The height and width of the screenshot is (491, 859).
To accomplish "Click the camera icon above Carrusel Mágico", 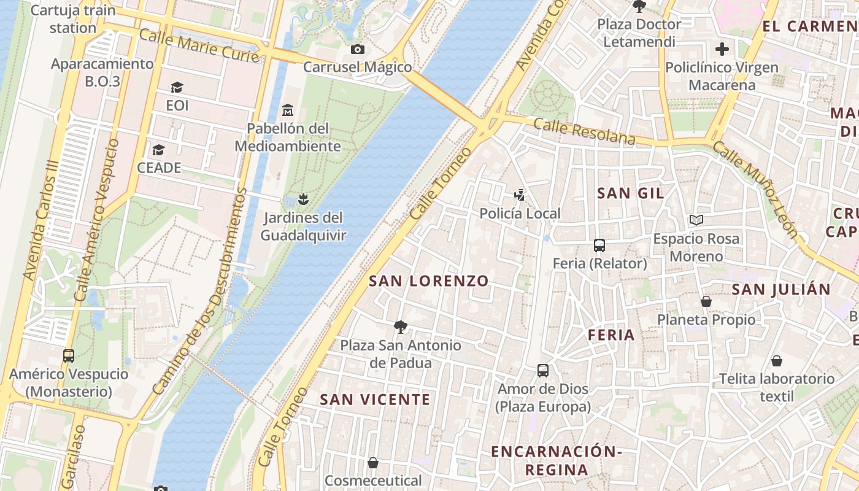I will click(357, 49).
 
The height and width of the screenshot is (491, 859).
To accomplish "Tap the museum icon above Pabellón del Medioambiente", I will click(287, 110).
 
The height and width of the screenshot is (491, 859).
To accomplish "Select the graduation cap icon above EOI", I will click(177, 88).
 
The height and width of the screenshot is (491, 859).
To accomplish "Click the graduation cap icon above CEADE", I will click(158, 150).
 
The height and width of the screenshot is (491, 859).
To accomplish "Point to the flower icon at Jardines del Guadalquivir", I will click(302, 199).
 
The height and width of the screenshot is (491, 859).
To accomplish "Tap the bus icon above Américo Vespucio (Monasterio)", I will click(69, 355).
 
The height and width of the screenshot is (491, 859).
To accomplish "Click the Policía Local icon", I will click(520, 195).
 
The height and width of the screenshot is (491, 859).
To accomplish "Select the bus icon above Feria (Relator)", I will click(599, 245).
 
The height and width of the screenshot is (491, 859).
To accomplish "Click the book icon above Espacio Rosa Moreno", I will click(696, 220).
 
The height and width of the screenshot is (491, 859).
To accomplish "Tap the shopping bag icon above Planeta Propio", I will click(706, 301).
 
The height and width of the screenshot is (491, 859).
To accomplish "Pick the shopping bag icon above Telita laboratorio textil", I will click(777, 361).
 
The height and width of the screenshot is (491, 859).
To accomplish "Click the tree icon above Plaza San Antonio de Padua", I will click(401, 327).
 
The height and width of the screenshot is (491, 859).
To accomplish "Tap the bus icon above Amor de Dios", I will click(543, 371).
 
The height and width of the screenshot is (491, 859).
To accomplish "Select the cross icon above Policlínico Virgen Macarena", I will click(722, 49).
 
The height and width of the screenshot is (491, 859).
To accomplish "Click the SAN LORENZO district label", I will click(429, 281).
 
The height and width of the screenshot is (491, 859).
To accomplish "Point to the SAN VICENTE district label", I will click(375, 400).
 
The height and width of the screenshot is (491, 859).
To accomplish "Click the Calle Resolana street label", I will click(584, 131).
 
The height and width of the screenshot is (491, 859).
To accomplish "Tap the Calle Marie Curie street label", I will click(199, 44).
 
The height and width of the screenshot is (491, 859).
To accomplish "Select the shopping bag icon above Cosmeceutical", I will click(373, 463).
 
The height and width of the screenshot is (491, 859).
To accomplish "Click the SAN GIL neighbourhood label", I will click(630, 193).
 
